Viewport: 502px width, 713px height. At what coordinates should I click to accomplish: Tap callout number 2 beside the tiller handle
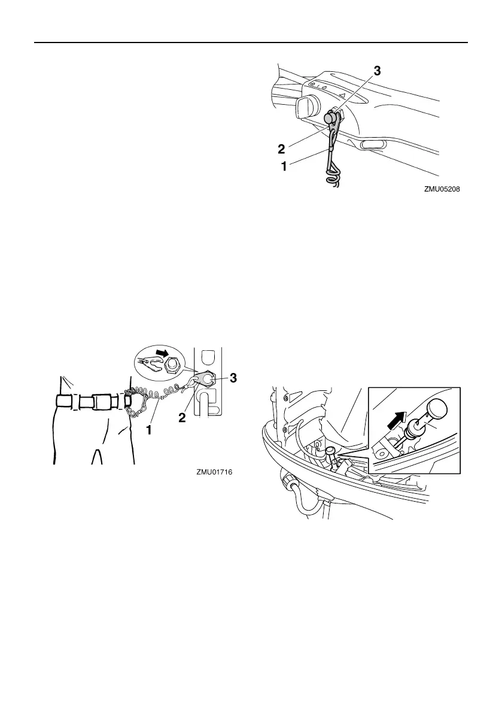pyautogui.click(x=281, y=148)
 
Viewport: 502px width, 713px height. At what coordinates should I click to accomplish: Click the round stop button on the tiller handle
pyautogui.click(x=332, y=117)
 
